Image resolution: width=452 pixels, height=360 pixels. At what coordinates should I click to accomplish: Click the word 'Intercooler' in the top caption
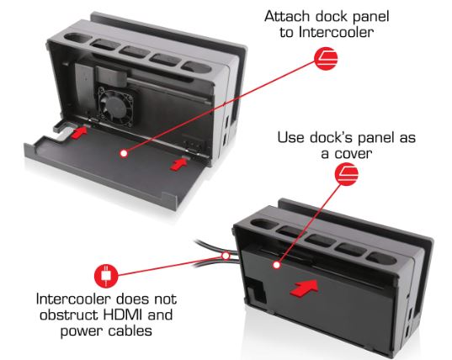[x=343, y=33]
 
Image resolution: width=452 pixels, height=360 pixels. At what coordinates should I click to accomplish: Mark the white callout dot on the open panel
[x=123, y=153]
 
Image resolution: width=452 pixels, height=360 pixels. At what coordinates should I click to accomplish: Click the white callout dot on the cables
[x=226, y=253]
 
